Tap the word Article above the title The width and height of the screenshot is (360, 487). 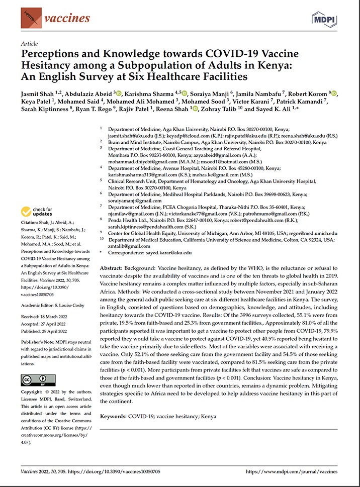click(30, 44)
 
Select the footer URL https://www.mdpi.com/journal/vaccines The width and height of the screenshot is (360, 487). click(294, 472)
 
